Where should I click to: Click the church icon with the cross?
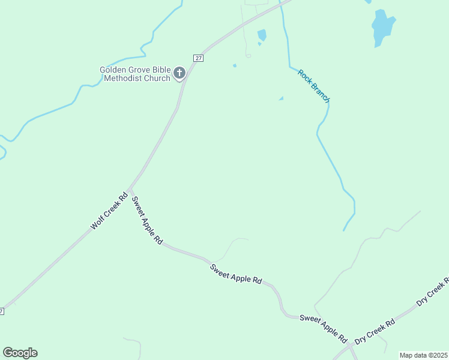179,74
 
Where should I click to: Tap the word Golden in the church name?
113,70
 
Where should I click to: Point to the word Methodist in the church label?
120,78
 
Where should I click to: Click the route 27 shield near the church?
199,58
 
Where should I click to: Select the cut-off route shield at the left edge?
2,311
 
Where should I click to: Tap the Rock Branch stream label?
314,86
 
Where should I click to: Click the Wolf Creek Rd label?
109,211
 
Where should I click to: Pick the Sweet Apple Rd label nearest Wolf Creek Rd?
146,220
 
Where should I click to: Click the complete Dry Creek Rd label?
375,331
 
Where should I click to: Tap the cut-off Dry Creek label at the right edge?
433,290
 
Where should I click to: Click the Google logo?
20,353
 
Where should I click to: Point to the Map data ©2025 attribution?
423,355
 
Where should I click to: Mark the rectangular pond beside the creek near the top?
262,35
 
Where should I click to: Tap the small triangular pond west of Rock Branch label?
280,98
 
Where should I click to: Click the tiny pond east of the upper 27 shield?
235,65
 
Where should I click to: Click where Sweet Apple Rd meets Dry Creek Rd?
349,345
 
